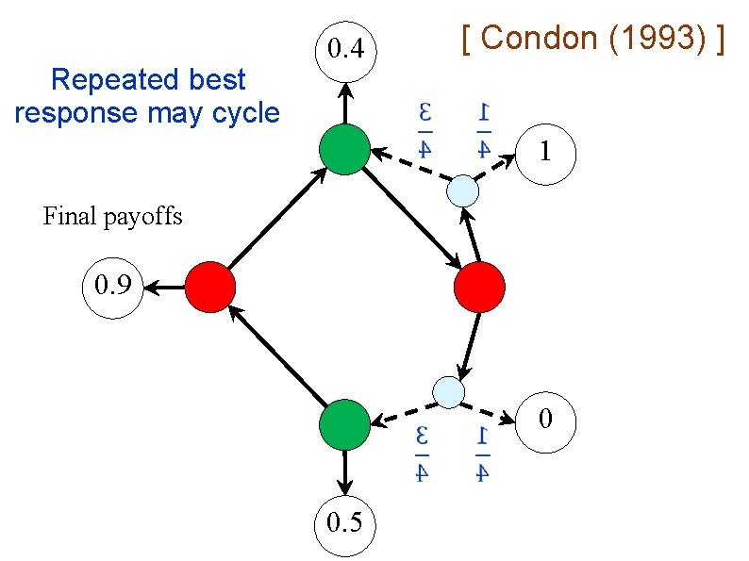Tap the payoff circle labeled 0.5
(344, 521)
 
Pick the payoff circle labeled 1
(544, 151)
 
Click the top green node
(342, 150)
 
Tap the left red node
(209, 287)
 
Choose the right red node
(479, 288)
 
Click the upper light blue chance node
(463, 191)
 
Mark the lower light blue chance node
(448, 390)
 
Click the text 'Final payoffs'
(113, 217)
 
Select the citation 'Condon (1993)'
(594, 39)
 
